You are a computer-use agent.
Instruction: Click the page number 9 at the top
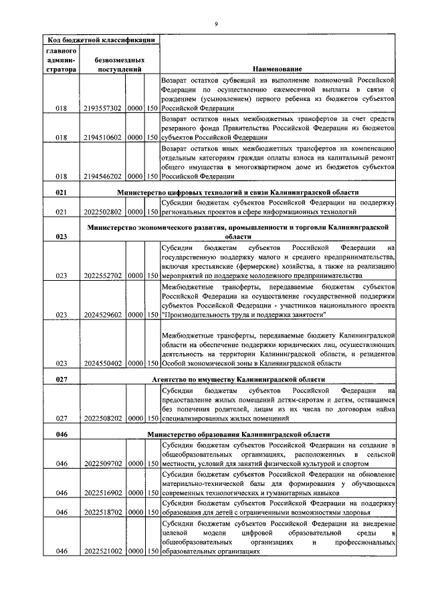click(x=215, y=25)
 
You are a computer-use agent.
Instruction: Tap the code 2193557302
click(x=103, y=108)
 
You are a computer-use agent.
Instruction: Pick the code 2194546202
click(x=103, y=176)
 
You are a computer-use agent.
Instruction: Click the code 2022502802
click(x=103, y=212)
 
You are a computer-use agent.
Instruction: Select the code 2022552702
click(x=103, y=275)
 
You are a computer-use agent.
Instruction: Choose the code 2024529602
click(x=103, y=314)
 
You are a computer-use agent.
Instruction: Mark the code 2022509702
click(x=103, y=462)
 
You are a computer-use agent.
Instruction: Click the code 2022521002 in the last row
click(x=103, y=552)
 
